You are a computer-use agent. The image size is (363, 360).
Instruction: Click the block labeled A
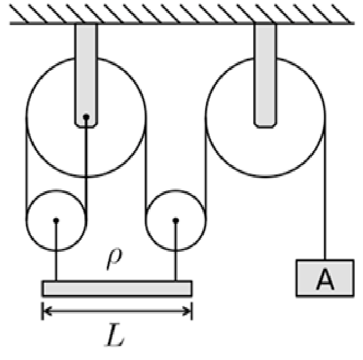click(325, 278)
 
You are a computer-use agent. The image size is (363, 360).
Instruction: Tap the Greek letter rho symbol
click(114, 259)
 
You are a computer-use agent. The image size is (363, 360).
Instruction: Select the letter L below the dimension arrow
click(114, 334)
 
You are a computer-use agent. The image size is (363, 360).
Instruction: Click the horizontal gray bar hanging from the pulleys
click(117, 288)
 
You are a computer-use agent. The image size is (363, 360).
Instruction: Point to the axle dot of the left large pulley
click(86, 117)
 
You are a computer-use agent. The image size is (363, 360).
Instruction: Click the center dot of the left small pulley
click(56, 220)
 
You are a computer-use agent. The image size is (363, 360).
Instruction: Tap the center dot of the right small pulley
click(176, 220)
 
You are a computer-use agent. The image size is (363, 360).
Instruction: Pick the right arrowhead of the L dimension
click(187, 311)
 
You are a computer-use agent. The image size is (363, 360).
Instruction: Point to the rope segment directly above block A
click(325, 188)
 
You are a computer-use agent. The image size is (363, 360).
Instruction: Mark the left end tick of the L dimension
click(42, 311)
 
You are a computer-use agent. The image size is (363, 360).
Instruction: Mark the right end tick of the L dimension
click(192, 311)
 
